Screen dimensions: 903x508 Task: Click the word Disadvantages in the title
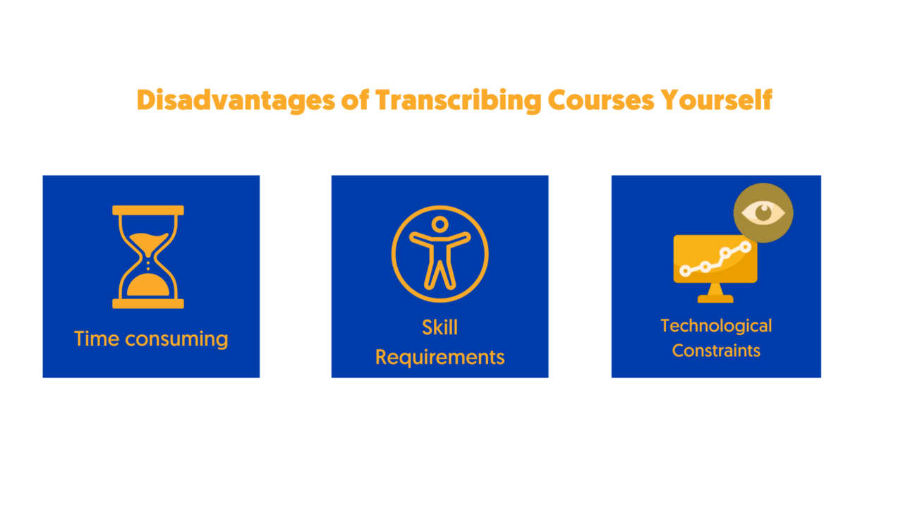[x=236, y=101]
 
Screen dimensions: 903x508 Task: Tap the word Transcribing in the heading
[x=459, y=101]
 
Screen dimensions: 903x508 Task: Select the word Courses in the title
[x=600, y=100]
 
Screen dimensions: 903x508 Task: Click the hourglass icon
[x=148, y=257]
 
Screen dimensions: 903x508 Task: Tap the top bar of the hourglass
[x=148, y=210]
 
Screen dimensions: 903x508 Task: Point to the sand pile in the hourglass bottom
[x=148, y=285]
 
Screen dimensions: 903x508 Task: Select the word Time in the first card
[x=97, y=339]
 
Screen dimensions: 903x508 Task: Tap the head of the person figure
[x=440, y=224]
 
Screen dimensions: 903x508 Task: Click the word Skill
[x=440, y=327]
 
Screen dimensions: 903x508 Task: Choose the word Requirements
[x=440, y=358]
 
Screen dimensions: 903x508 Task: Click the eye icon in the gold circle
[x=763, y=212]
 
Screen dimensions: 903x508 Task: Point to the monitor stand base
[x=715, y=298]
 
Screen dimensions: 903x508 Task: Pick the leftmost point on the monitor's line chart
[x=685, y=270]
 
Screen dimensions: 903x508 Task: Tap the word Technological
[x=716, y=326]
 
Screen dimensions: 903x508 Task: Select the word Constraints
[x=716, y=351]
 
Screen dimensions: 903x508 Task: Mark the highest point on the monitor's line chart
[x=746, y=247]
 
